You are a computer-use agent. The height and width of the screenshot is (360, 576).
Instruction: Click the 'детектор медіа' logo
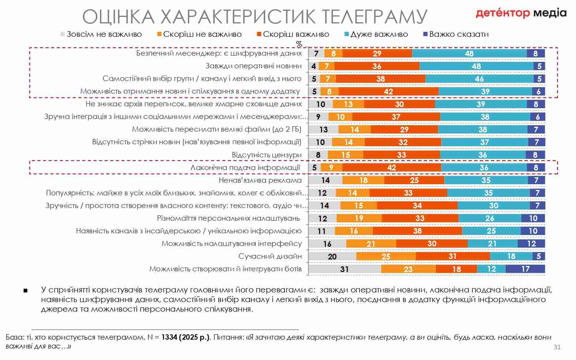[x=521, y=13]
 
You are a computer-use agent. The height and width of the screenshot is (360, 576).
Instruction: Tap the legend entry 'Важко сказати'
[x=456, y=34]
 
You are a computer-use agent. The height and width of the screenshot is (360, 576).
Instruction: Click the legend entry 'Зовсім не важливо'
[x=101, y=34]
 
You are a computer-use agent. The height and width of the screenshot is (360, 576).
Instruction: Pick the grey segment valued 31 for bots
[x=345, y=269]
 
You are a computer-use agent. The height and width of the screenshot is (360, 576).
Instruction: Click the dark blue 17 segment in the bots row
[x=525, y=269]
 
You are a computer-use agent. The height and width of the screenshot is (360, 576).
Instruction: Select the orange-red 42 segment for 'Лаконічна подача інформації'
[x=392, y=167]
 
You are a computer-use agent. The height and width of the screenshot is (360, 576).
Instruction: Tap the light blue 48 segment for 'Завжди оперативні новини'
[x=476, y=66]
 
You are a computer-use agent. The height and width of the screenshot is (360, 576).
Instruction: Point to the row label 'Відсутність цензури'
[x=266, y=155]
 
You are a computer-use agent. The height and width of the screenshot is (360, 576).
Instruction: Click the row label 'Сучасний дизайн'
[x=270, y=256]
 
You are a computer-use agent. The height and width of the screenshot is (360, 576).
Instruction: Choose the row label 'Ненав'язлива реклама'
[x=260, y=180]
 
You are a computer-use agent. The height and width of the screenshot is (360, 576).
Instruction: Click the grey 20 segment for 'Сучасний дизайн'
[x=333, y=256]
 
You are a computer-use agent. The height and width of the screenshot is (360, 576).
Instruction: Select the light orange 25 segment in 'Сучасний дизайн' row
[x=386, y=256]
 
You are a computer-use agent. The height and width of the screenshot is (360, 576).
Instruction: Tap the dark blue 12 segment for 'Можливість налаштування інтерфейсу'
[x=531, y=243]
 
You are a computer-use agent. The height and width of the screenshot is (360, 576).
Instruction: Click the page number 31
[x=557, y=347]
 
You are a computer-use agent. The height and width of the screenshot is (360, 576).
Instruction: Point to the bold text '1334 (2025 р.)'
[x=185, y=337]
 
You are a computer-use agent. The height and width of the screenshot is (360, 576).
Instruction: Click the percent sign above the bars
[x=299, y=44]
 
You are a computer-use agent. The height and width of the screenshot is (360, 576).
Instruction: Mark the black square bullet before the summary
[x=26, y=291]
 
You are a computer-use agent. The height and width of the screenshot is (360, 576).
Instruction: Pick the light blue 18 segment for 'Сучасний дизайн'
[x=511, y=256]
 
